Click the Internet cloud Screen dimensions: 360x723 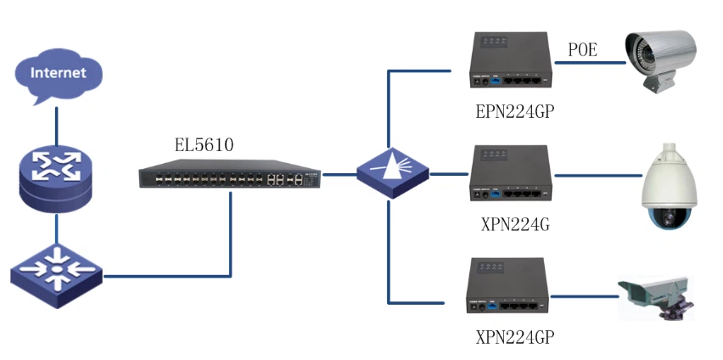click(58, 76)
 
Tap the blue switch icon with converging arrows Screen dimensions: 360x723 click(56, 272)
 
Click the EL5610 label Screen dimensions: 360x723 click(199, 145)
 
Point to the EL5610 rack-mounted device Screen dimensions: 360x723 click(230, 176)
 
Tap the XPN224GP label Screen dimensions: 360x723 click(508, 335)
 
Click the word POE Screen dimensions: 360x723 click(582, 51)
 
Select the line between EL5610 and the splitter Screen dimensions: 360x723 click(339, 176)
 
